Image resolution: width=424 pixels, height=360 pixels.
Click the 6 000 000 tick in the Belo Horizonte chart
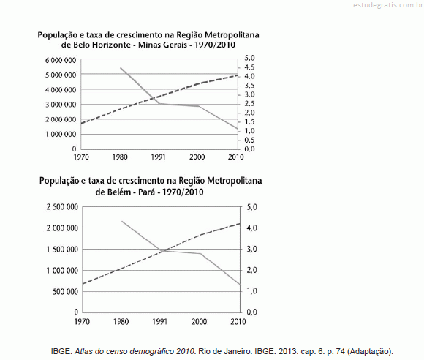61,60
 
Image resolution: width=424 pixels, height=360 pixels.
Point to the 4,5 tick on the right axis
250,67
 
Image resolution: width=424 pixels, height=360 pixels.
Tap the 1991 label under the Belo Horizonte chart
158,157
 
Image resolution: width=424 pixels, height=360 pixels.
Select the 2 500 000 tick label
62,207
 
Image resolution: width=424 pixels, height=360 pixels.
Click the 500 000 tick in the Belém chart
66,291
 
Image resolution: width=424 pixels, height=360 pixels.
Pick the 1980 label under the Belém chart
121,321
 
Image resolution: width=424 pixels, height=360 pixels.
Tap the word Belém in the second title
121,192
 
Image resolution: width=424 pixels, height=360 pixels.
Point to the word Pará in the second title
147,192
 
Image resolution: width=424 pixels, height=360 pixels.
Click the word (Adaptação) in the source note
370,351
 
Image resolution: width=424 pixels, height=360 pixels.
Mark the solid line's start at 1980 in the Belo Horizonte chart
121,67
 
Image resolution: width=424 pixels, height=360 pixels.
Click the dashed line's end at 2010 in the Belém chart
240,224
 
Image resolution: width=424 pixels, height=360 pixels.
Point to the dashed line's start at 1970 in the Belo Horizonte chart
81,124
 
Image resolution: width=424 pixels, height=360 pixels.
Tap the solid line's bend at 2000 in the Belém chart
200,254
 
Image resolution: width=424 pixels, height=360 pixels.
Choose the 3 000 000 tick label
61,105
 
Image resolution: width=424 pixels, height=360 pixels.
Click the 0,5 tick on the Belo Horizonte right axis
250,140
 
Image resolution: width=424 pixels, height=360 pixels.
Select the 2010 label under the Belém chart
238,321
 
